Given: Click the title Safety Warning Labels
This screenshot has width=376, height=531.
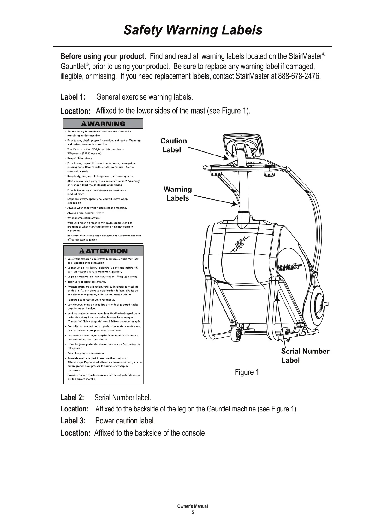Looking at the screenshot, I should coord(193,30).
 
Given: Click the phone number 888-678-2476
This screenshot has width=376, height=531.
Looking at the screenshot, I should coord(299,76).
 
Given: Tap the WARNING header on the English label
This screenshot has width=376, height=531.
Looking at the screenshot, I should coord(103,124).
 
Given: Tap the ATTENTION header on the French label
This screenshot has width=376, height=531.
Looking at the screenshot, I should coord(103,251).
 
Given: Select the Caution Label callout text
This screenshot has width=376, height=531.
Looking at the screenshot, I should coord(173,145).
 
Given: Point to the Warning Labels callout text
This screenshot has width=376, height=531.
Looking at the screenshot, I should coord(177,194).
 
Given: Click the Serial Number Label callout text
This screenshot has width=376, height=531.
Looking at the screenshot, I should coord(305,356).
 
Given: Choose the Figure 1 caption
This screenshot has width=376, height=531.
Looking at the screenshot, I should coord(247,372).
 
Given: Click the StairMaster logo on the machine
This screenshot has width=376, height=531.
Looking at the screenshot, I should coord(290,267).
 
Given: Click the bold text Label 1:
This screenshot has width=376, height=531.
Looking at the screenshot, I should coord(73,97).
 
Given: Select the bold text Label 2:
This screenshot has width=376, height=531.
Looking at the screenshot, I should coord(72,397).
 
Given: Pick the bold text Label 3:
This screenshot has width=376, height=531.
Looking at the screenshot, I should coord(73,421).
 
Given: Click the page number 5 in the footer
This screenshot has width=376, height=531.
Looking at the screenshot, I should coord(193,512).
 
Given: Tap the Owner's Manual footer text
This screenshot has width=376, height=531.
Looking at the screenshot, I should coord(193,507).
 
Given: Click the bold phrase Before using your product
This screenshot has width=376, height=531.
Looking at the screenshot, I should coord(102,57).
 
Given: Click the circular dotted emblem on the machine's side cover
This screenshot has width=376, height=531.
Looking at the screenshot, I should coord(319,304).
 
